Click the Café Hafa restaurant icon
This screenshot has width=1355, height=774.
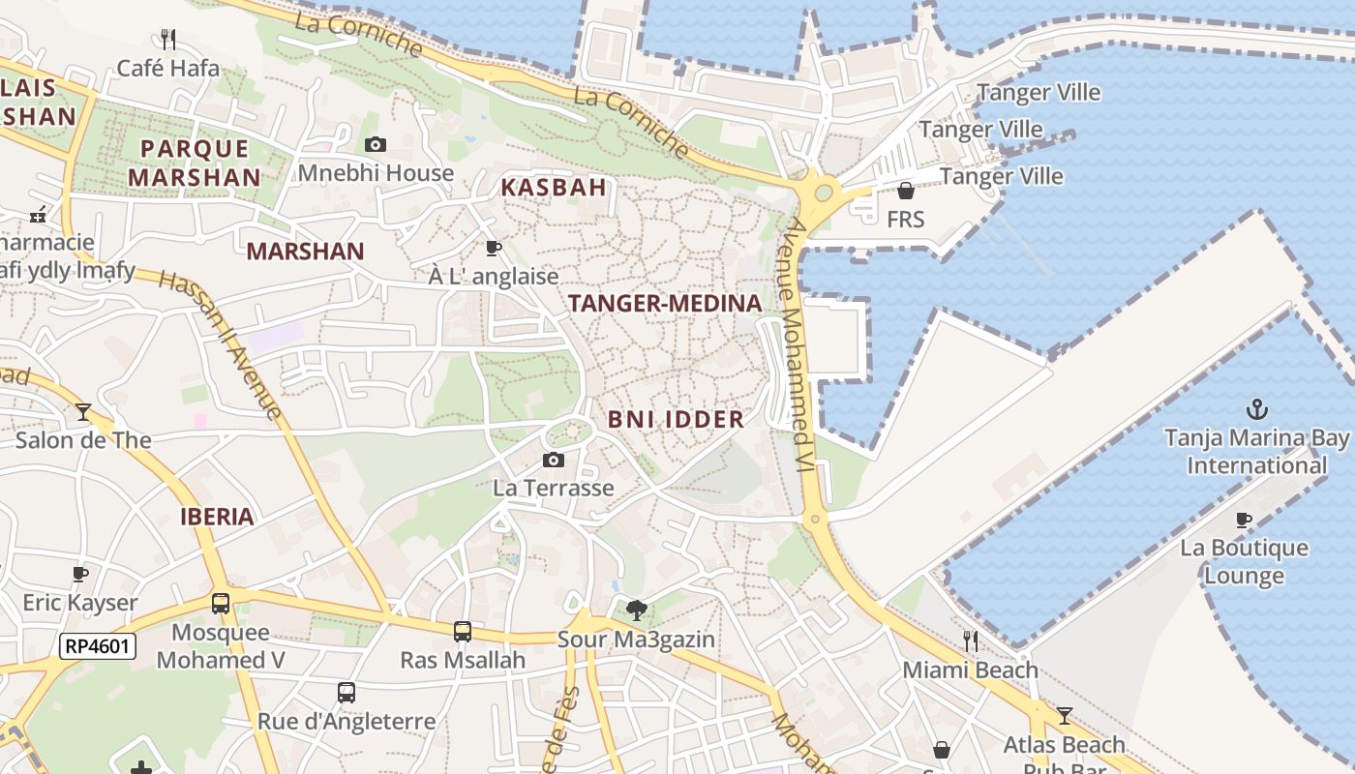tap(168, 39)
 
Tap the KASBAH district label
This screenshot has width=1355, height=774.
tap(554, 188)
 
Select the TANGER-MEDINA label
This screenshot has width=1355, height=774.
tap(665, 304)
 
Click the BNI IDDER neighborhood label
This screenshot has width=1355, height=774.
tap(676, 420)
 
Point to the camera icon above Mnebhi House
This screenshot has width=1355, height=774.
tap(376, 145)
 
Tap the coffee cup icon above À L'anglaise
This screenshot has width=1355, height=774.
tap(494, 249)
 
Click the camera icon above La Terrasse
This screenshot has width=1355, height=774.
tap(554, 460)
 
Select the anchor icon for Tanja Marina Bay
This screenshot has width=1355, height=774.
tap(1256, 409)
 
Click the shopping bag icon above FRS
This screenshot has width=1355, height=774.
tap(906, 191)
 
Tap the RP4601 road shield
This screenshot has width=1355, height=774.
tap(98, 646)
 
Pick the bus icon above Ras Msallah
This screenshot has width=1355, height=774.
tap(463, 632)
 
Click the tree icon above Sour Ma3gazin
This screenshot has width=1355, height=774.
tap(636, 610)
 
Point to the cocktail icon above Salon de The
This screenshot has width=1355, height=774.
tap(83, 412)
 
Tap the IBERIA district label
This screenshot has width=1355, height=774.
tap(217, 517)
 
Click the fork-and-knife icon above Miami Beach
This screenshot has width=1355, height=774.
tap(971, 640)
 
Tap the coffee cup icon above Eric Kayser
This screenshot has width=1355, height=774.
tap(80, 575)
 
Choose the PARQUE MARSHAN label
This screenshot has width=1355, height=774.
tap(195, 163)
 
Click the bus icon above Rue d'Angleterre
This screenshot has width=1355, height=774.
tap(346, 693)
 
